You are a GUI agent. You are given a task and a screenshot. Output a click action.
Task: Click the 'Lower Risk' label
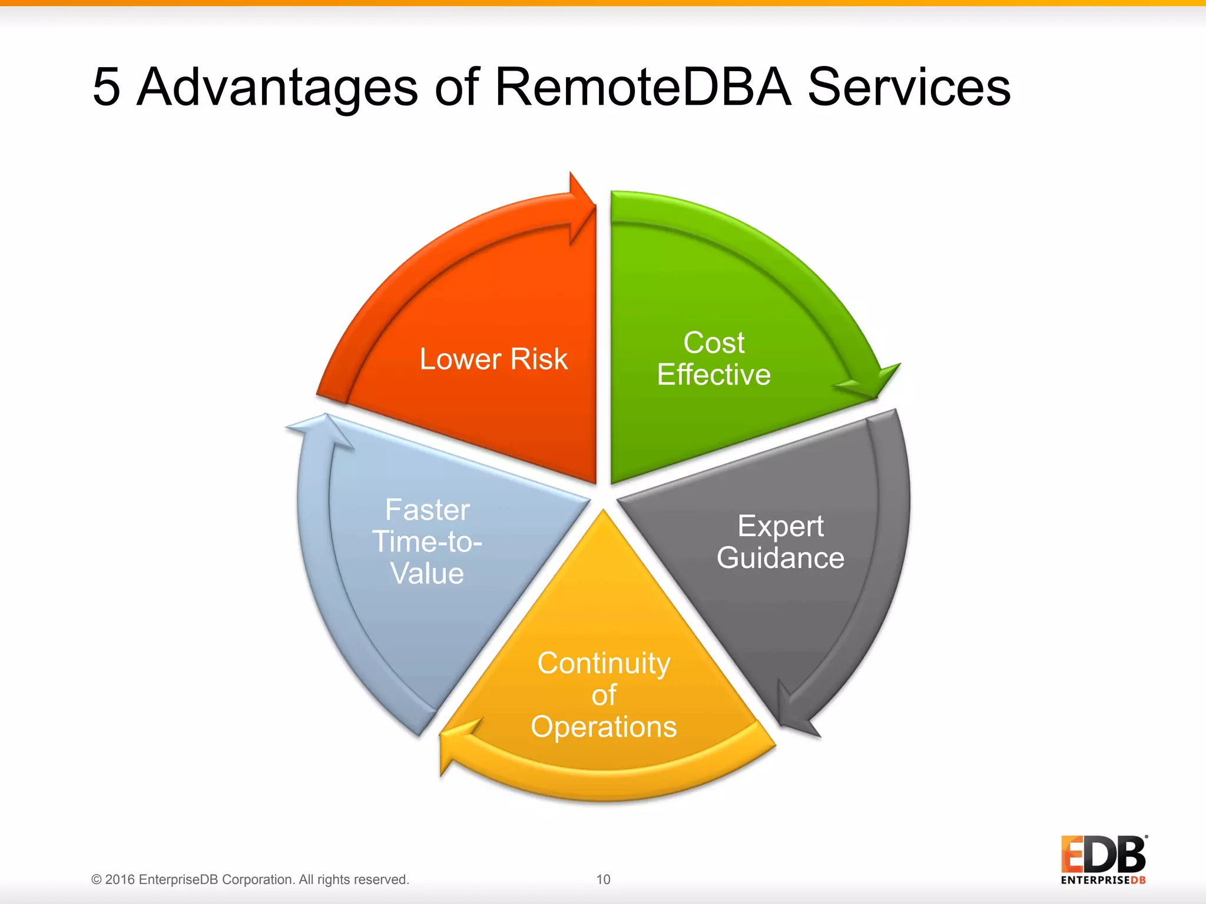pos(493,359)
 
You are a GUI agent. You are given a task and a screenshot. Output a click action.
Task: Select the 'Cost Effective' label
pos(714,358)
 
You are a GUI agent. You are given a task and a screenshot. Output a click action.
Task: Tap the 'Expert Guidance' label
pos(780,542)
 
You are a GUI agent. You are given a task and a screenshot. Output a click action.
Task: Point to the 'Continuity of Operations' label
pos(604,695)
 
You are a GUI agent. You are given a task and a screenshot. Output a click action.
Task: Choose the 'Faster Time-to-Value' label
pos(428,541)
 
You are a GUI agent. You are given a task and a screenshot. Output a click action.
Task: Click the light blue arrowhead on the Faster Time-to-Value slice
pos(321,430)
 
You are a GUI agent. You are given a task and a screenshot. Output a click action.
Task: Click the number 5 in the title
pos(107,87)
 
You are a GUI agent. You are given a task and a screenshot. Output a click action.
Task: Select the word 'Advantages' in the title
pos(277,87)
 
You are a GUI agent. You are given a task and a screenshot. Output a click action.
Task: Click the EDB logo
pos(1104,859)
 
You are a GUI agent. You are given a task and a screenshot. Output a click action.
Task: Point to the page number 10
pos(603,879)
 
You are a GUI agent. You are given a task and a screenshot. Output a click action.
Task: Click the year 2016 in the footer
pos(120,879)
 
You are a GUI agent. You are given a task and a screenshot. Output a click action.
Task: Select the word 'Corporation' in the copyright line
pos(258,879)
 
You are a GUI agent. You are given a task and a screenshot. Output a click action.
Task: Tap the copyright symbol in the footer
pos(97,879)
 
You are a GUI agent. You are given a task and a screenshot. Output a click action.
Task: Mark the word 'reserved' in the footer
pos(383,879)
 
